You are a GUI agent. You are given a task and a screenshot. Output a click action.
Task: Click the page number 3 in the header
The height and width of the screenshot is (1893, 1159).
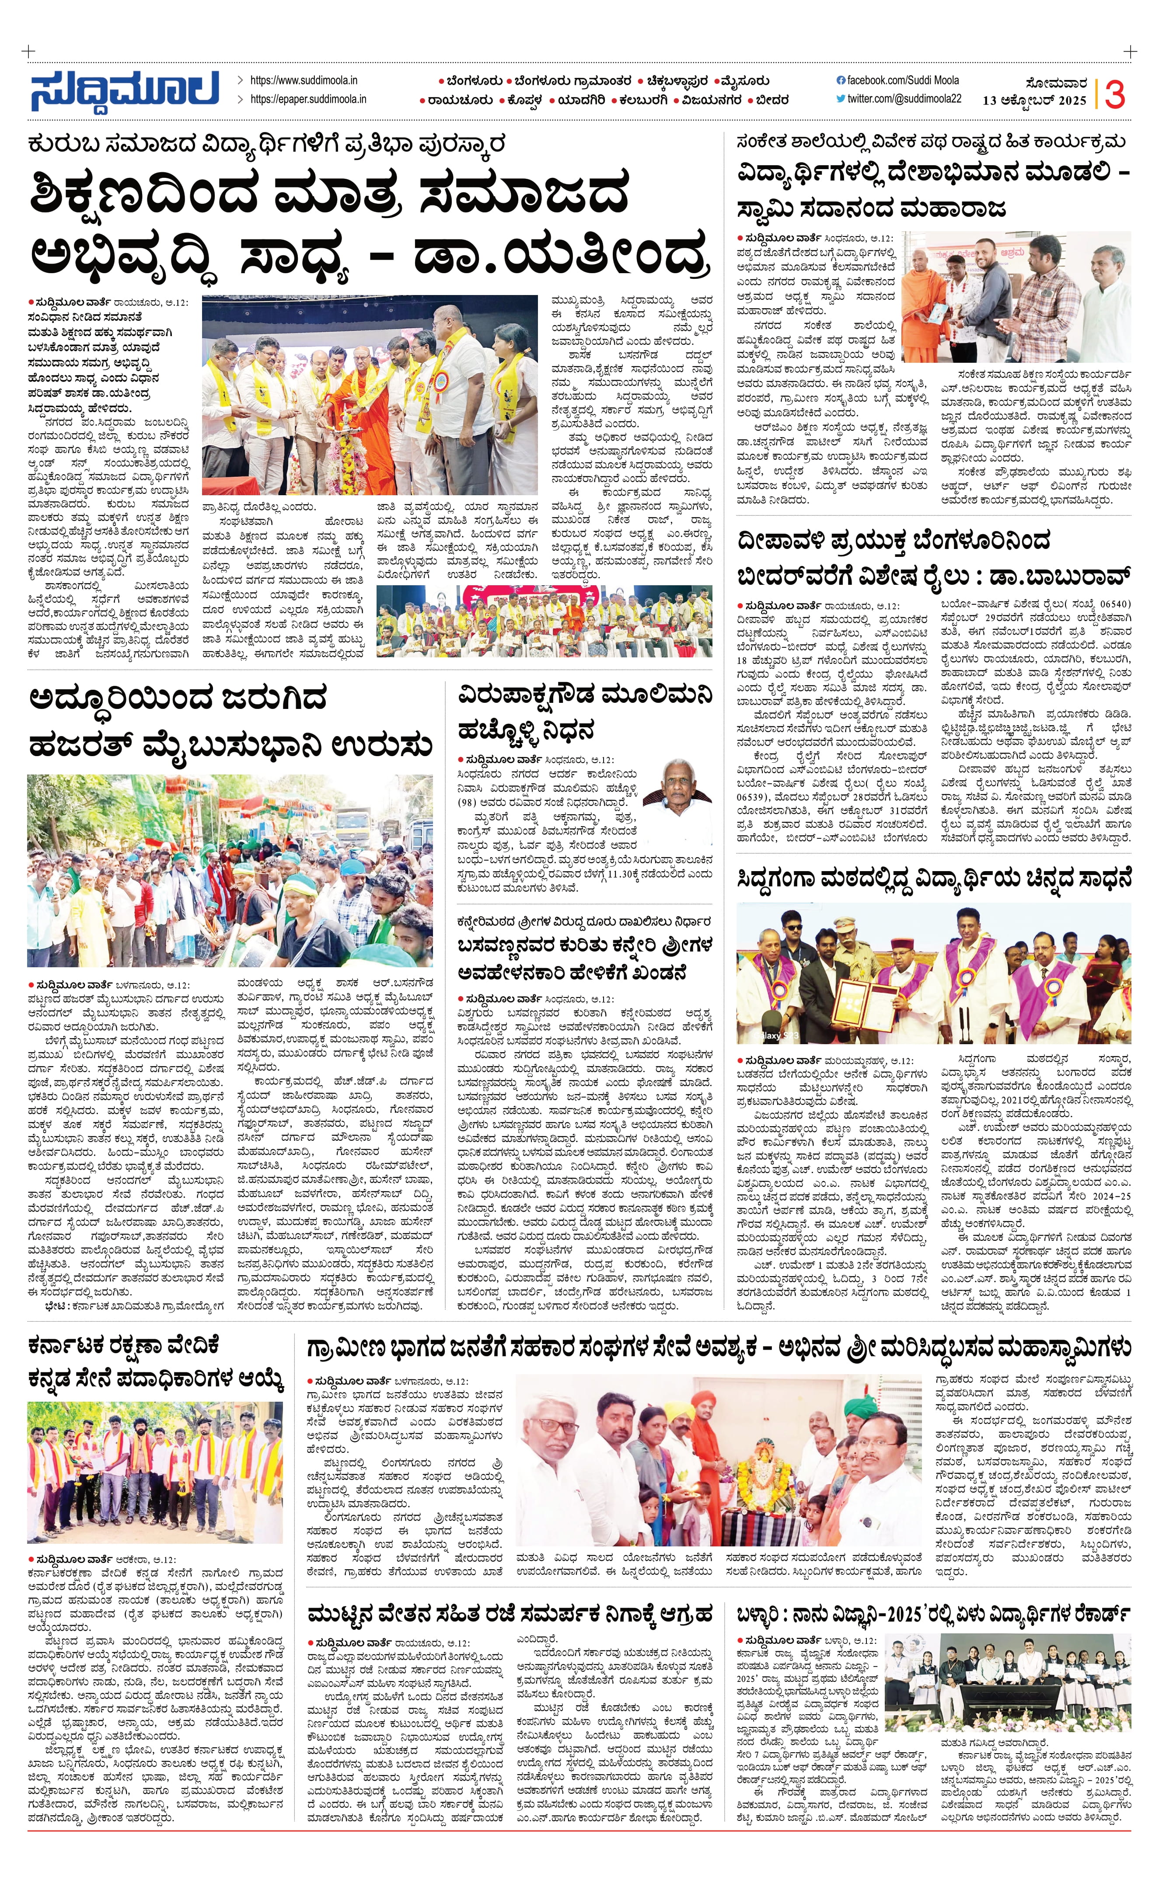tap(1114, 94)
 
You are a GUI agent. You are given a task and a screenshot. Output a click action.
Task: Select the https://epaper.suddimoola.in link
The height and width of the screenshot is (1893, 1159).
tap(307, 99)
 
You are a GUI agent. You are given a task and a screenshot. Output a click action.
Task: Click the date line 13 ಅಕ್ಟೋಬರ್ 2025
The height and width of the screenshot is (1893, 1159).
tap(1034, 101)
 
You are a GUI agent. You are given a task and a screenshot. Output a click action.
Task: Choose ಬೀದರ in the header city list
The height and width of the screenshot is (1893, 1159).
tap(771, 100)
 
